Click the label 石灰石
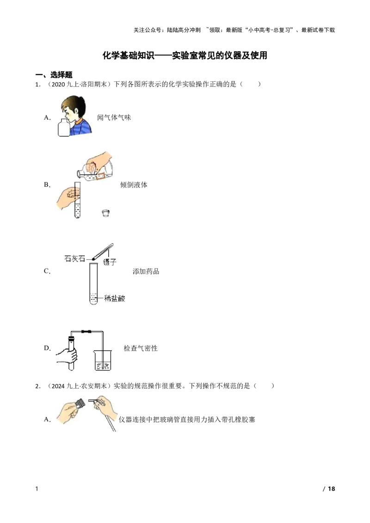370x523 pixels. coord(74,259)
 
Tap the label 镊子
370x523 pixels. coord(110,262)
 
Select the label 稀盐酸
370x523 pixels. coord(115,298)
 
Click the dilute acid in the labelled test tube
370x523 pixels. coord(94,298)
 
